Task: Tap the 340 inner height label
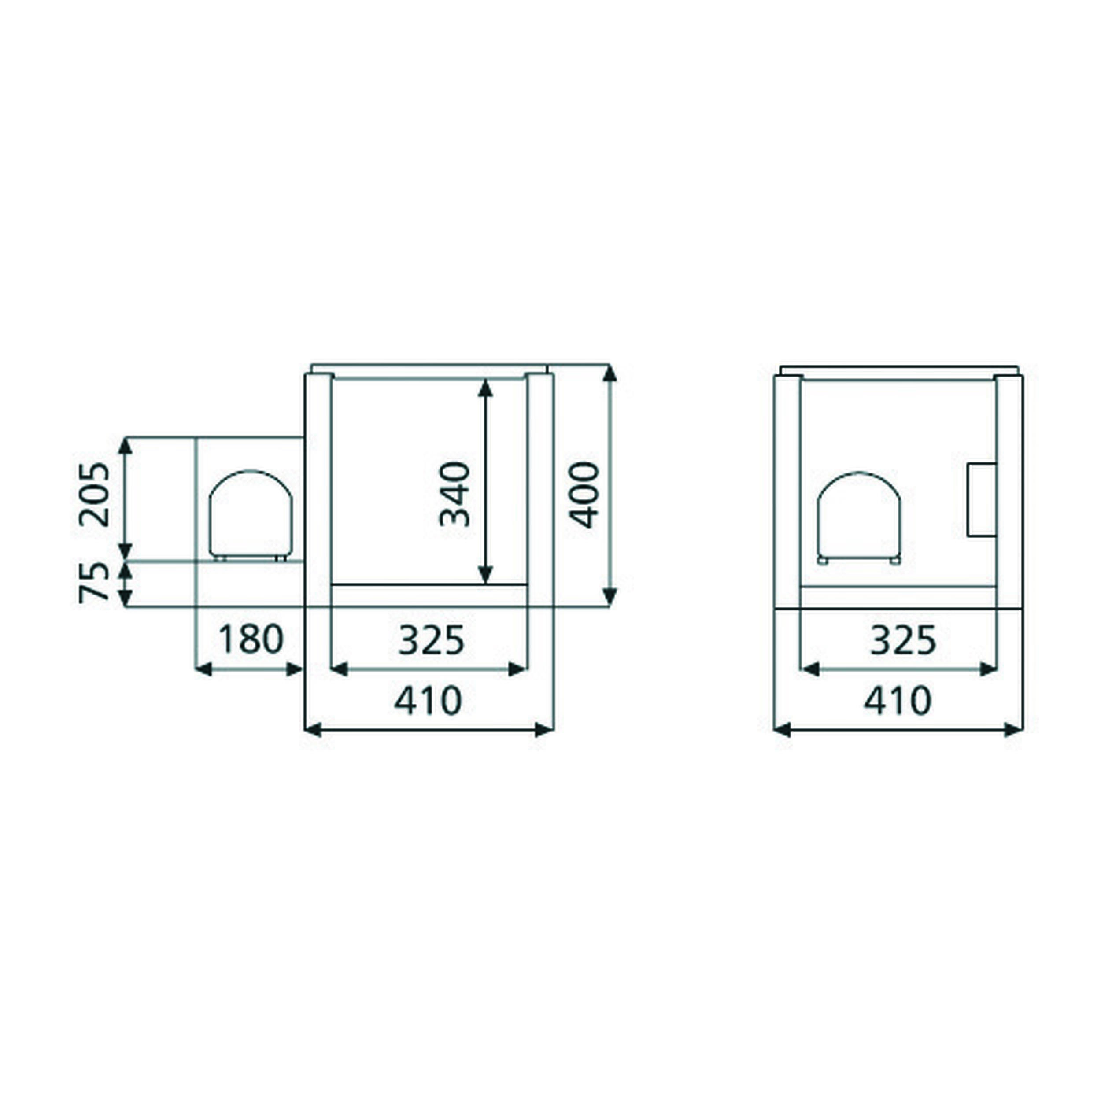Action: (455, 494)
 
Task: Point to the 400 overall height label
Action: (585, 495)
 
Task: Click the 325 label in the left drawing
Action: (432, 640)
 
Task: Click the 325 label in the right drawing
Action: (903, 640)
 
